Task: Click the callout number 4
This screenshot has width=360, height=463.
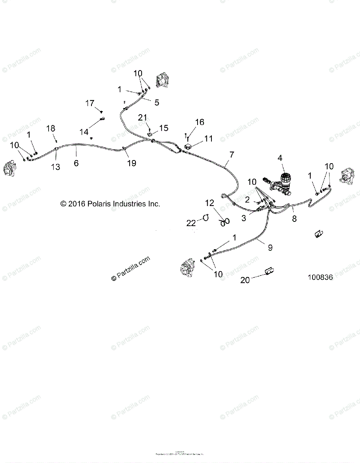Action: point(280,158)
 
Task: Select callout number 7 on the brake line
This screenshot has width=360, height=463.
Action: point(232,155)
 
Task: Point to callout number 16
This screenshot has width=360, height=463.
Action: point(199,122)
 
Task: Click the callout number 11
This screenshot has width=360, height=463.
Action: point(208,139)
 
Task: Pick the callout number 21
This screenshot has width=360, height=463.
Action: point(143,117)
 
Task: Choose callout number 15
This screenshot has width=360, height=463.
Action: point(164,128)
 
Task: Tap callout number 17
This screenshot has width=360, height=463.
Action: point(90,103)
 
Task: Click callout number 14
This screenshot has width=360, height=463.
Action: point(84,132)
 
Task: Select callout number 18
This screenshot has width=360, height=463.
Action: point(51,128)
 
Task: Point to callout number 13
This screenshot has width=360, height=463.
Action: point(56,167)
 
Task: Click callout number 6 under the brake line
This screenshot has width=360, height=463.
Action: point(76,163)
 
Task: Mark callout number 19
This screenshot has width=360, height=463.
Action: point(132,163)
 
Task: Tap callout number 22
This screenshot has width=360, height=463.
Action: point(191,223)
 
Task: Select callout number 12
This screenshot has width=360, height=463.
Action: point(209,203)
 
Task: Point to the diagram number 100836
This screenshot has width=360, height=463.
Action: point(320,277)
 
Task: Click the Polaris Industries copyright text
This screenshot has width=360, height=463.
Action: point(110,204)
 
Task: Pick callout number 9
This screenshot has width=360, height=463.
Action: point(270,247)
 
